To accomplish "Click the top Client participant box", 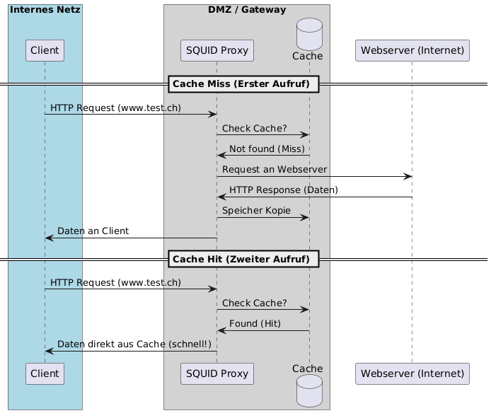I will pos(45,50).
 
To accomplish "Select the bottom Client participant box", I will pos(45,373).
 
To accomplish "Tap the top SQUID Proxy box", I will pos(217,50).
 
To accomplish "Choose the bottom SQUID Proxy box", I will pos(217,373).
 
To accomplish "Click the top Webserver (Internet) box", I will pos(412,50).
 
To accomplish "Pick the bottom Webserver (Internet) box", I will pos(412,373).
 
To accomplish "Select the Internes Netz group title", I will pos(45,10).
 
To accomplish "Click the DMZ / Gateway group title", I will pos(247,10).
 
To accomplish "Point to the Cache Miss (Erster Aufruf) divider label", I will pos(241,84).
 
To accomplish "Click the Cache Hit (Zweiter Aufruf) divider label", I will pos(241,259).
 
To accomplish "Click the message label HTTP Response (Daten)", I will pos(283,190).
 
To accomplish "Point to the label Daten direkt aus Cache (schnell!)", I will pos(134,344).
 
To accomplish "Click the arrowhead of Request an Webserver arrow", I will pos(408,176).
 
